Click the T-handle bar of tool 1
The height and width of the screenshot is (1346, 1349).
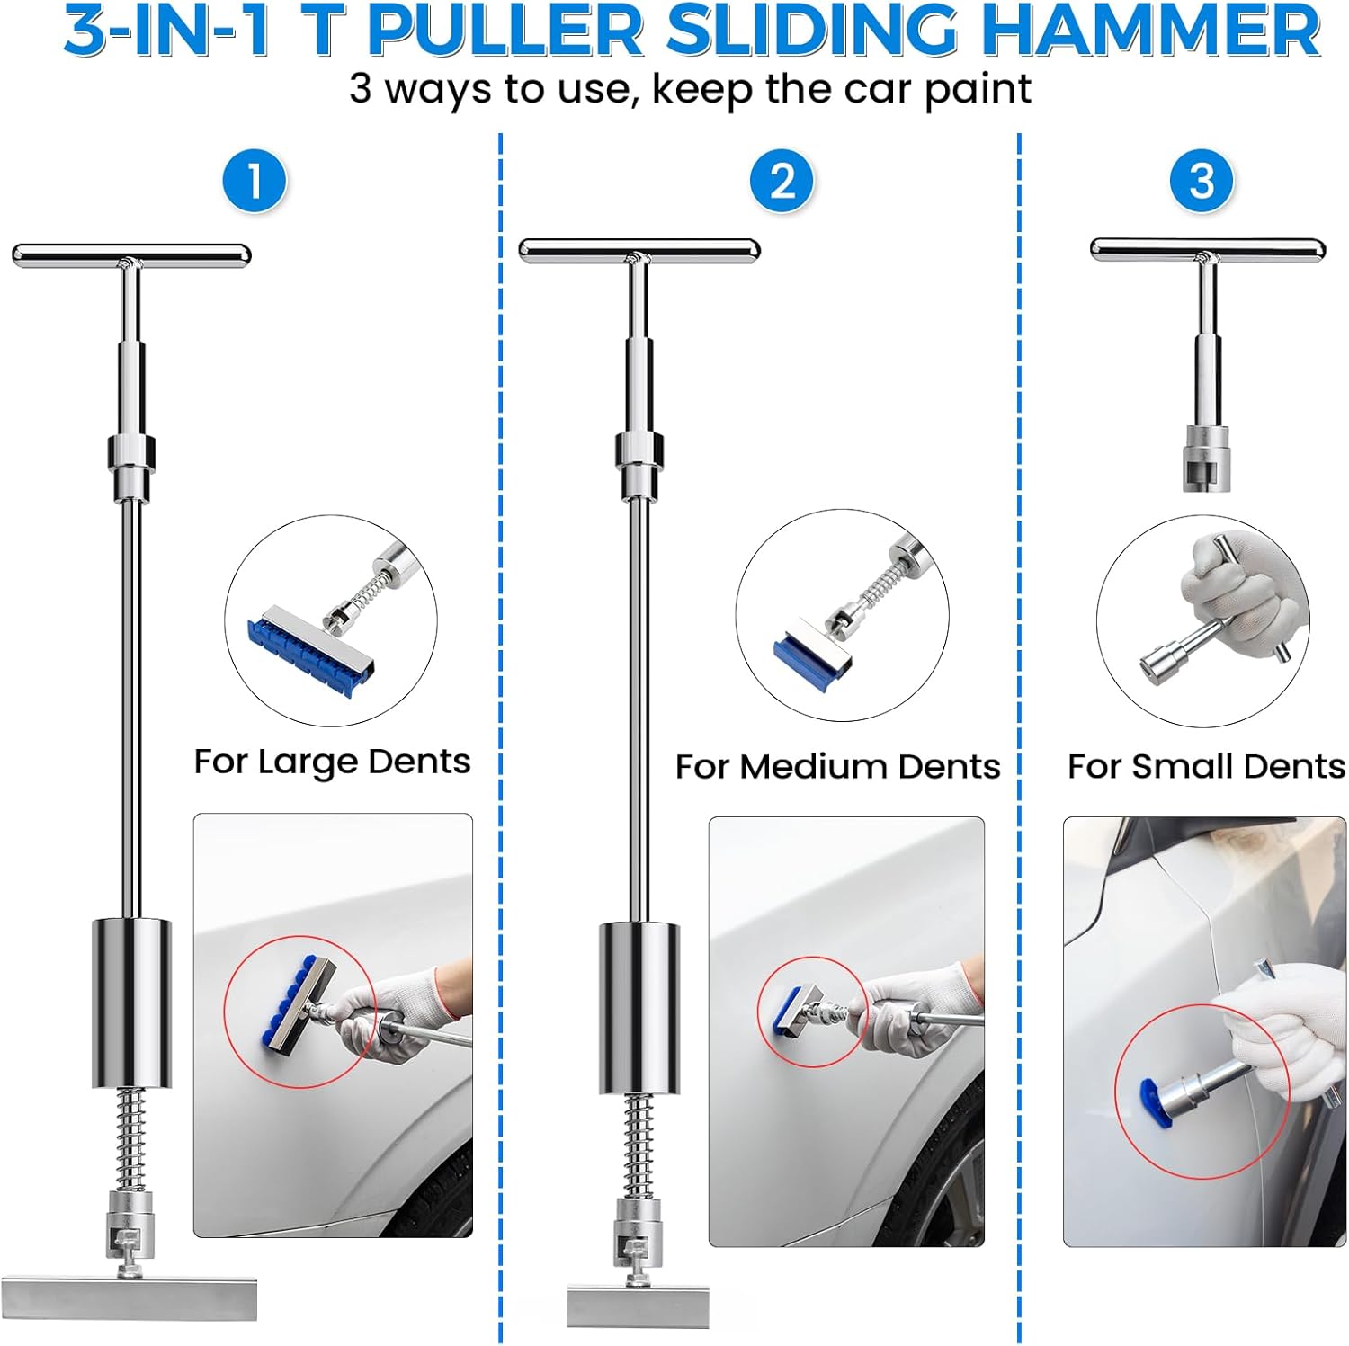pos(131,254)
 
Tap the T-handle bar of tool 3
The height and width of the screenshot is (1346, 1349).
pos(1208,249)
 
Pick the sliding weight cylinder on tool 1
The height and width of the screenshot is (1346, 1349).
pos(131,1003)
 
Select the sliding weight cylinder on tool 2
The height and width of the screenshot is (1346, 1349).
pos(639,1008)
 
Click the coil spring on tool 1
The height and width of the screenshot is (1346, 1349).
pos(131,1138)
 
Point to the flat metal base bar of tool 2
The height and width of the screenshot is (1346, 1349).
pos(638,1306)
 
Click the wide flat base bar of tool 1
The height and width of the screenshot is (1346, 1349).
pos(130,1297)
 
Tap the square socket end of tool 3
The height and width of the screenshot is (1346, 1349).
pos(1206,458)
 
